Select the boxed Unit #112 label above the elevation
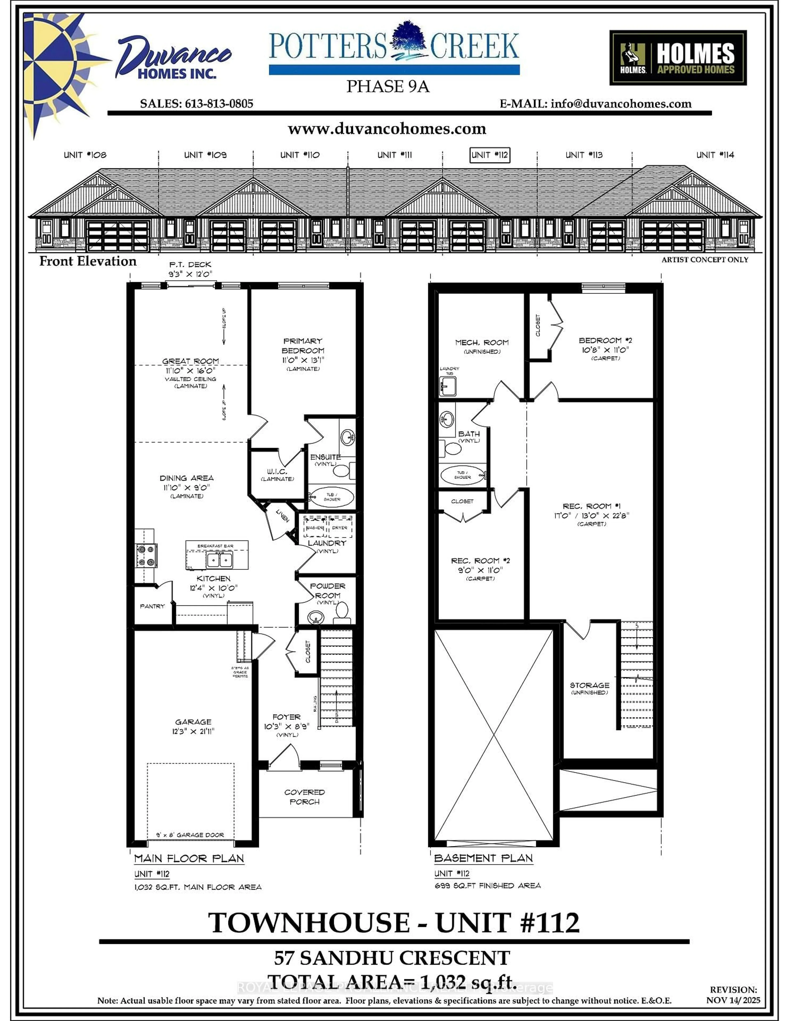tap(489, 155)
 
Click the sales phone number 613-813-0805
tap(219, 104)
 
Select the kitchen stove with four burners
tap(146, 555)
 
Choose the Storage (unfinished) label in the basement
tap(589, 685)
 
